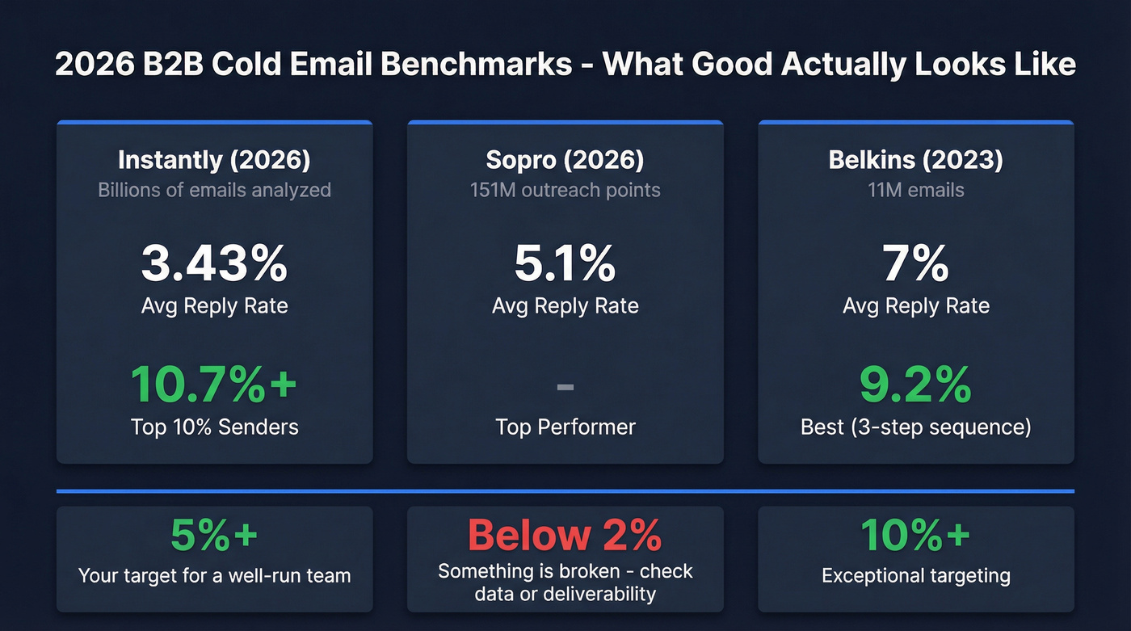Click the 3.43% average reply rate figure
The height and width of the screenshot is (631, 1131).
coord(214,263)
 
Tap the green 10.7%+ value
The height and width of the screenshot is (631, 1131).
coord(214,384)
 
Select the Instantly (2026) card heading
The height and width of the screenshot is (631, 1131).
coord(214,160)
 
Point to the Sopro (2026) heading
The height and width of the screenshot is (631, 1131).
coord(565,160)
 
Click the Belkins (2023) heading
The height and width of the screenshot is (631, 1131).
coord(915,160)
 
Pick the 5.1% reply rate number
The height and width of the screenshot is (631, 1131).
coord(565,263)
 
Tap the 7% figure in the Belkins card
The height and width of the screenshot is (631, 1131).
coord(915,263)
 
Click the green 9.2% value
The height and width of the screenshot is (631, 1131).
coord(915,384)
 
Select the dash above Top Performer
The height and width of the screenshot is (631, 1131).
coord(565,388)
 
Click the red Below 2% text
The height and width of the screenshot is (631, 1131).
coord(565,535)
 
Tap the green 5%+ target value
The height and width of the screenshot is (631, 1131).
coord(214,535)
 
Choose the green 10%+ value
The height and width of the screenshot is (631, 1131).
coord(915,535)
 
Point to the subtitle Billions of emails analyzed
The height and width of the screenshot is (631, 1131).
coord(214,190)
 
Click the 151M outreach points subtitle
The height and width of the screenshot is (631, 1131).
coord(565,190)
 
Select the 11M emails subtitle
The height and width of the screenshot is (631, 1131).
coord(915,190)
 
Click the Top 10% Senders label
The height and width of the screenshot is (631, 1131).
coord(214,427)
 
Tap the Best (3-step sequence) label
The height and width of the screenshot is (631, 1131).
coord(915,427)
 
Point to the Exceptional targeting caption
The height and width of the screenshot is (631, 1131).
coord(915,576)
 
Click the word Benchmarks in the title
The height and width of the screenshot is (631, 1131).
coord(477,64)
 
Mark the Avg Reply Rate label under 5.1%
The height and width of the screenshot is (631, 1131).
coord(565,306)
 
